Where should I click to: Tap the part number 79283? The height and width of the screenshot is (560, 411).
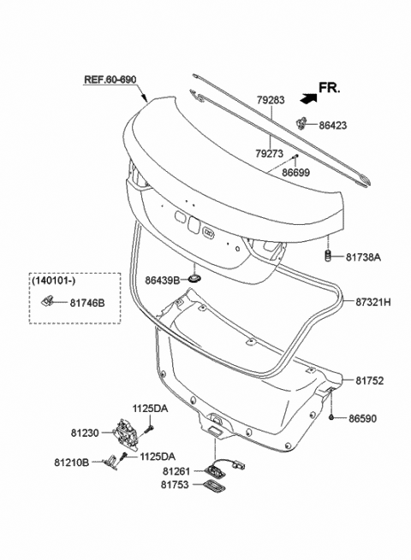coord(271,100)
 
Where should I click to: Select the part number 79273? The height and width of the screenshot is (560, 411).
coord(271,155)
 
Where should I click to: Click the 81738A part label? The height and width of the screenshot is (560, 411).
coord(363,256)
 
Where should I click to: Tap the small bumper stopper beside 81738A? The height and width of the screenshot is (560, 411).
coord(327,256)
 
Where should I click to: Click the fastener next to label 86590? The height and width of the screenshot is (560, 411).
coord(331,418)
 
